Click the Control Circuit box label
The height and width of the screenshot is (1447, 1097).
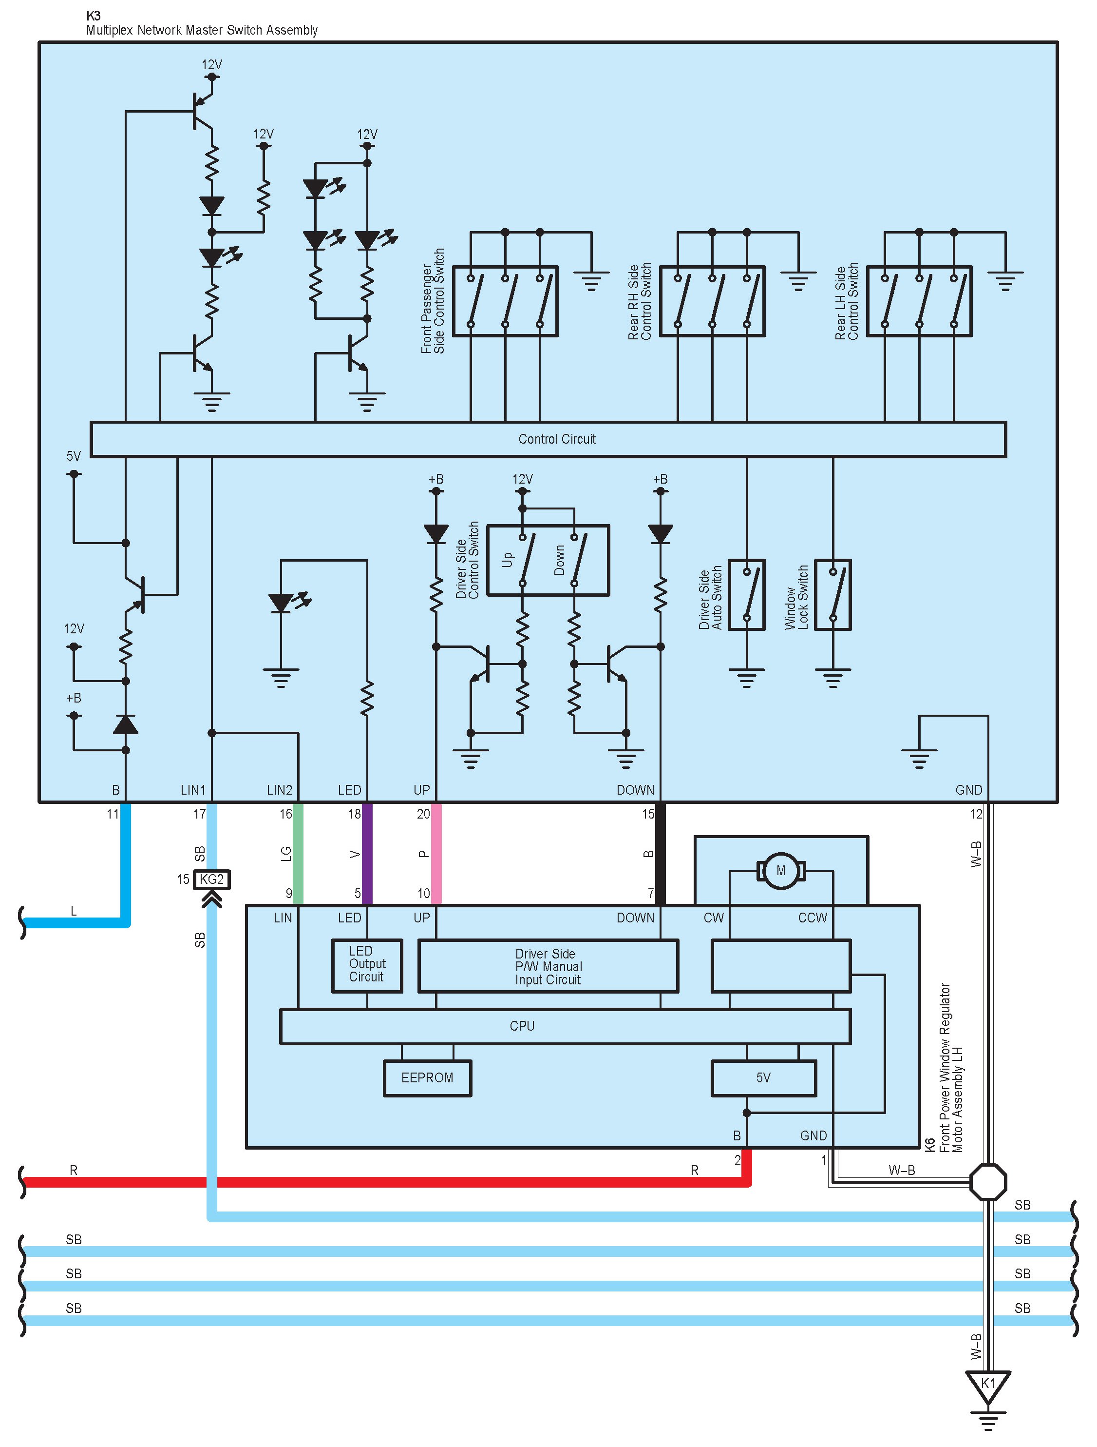(x=557, y=439)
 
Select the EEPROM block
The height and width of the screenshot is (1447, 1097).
(x=427, y=1077)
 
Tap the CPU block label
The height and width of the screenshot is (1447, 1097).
(x=522, y=1026)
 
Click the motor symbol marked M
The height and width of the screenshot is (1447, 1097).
(x=780, y=871)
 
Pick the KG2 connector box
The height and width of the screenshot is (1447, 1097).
(x=212, y=879)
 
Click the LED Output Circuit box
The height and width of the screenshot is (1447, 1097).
(x=367, y=965)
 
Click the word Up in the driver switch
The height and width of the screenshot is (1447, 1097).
(x=507, y=560)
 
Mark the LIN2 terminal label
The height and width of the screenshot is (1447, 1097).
(x=280, y=790)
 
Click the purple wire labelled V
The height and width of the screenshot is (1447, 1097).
(x=367, y=854)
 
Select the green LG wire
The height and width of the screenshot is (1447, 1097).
(x=298, y=854)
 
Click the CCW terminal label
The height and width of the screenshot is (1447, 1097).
(x=813, y=918)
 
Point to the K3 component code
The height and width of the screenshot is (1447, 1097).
(x=94, y=16)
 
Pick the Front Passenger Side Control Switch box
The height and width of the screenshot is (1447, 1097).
(x=505, y=301)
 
